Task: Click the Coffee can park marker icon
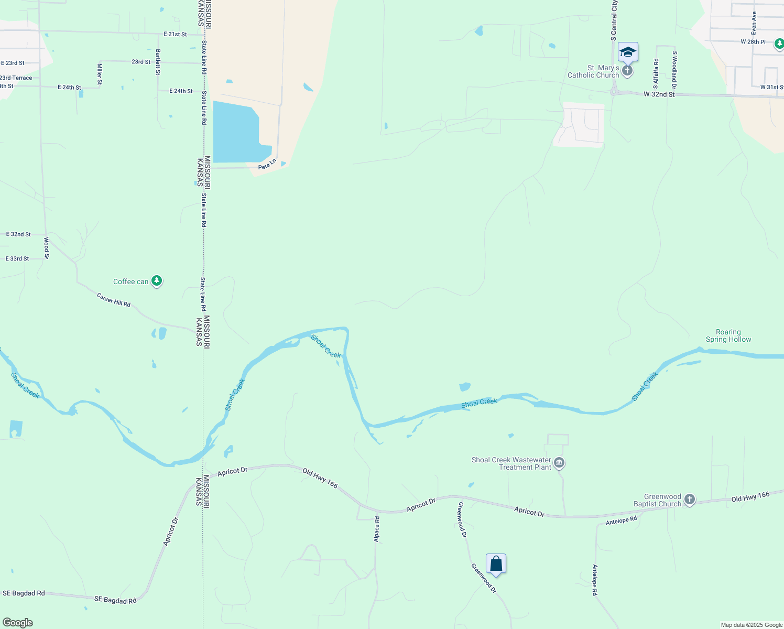point(157,281)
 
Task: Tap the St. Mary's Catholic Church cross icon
point(627,70)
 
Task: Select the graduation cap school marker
point(628,52)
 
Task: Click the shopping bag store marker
point(496,564)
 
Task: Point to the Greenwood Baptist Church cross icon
point(690,500)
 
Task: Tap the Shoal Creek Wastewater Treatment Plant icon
point(559,462)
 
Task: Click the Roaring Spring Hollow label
point(728,336)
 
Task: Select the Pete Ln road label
point(267,165)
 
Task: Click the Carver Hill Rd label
point(114,300)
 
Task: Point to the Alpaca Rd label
point(377,529)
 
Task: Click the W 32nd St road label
point(659,94)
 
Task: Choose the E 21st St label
point(175,34)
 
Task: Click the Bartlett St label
point(158,62)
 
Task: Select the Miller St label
point(100,74)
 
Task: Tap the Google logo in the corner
point(18,623)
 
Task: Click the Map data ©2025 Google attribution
point(751,625)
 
